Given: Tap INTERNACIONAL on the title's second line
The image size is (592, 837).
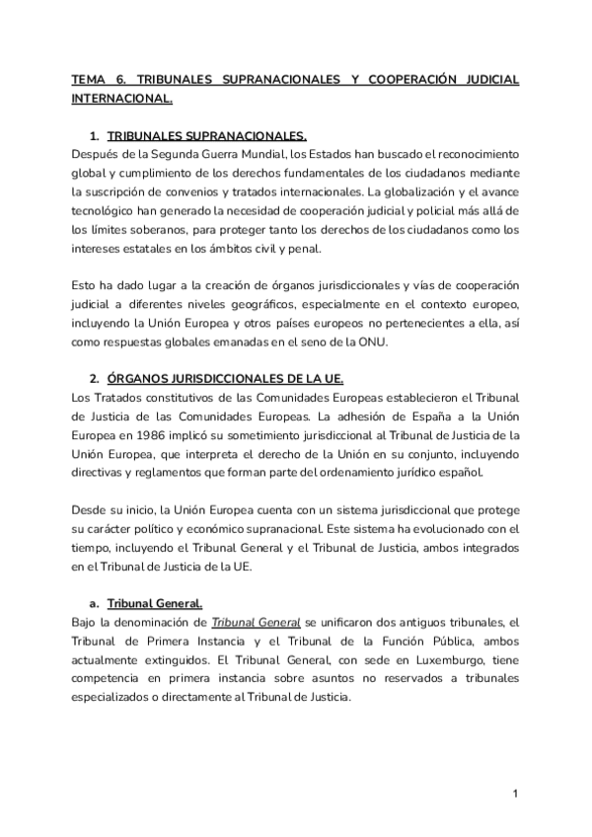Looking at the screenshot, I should (x=122, y=98).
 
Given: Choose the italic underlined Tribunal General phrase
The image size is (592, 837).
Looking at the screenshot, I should (x=246, y=623).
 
